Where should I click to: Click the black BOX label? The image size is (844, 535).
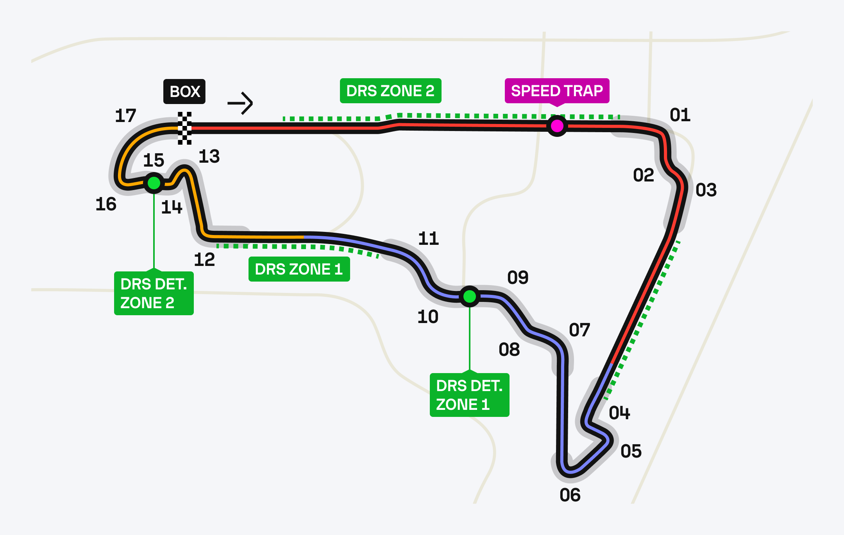point(184,92)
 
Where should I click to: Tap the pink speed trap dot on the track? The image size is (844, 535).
point(557,126)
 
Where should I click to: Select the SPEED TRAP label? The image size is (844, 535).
point(557,91)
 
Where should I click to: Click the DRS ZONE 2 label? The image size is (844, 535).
point(390,91)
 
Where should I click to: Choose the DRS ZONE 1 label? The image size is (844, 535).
point(299,269)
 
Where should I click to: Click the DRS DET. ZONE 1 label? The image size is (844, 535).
point(469,395)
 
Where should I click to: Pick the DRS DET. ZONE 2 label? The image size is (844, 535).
point(154,293)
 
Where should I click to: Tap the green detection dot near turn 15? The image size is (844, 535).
point(154,183)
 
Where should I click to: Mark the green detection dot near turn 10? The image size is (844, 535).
point(469,296)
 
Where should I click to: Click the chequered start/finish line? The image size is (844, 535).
point(185,128)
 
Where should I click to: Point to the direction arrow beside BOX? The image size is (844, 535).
point(241,103)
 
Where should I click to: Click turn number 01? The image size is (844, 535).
point(680,115)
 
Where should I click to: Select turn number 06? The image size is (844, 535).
point(570,495)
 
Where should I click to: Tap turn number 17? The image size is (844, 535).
point(125,116)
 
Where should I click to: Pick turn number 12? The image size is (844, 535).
point(204,260)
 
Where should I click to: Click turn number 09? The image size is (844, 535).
point(518,278)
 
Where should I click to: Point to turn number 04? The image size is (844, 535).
point(619,413)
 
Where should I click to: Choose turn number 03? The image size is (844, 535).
point(706,190)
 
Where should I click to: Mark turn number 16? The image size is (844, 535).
point(106,204)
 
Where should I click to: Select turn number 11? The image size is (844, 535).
point(428,239)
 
